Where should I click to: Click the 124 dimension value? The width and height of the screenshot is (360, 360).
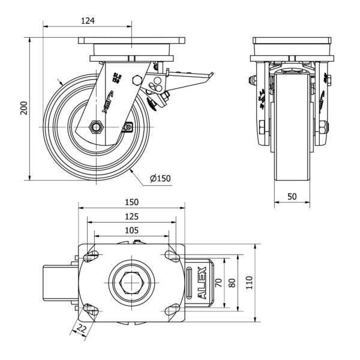pyautogui.click(x=88, y=21)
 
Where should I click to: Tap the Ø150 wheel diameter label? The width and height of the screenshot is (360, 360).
pyautogui.click(x=160, y=178)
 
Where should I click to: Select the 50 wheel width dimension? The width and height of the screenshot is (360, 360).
pyautogui.click(x=292, y=196)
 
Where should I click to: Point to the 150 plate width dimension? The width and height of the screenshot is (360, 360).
pyautogui.click(x=132, y=202)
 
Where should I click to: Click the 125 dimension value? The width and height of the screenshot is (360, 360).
pyautogui.click(x=132, y=216)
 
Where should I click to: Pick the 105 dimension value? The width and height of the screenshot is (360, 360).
pyautogui.click(x=132, y=230)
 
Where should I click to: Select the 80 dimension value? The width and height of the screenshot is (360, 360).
pyautogui.click(x=233, y=283)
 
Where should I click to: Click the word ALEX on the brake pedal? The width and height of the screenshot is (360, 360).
pyautogui.click(x=202, y=283)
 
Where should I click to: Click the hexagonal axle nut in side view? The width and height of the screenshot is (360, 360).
pyautogui.click(x=95, y=127)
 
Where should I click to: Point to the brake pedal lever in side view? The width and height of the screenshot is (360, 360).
pyautogui.click(x=192, y=77)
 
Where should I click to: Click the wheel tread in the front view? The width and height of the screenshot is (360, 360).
pyautogui.click(x=292, y=132)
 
